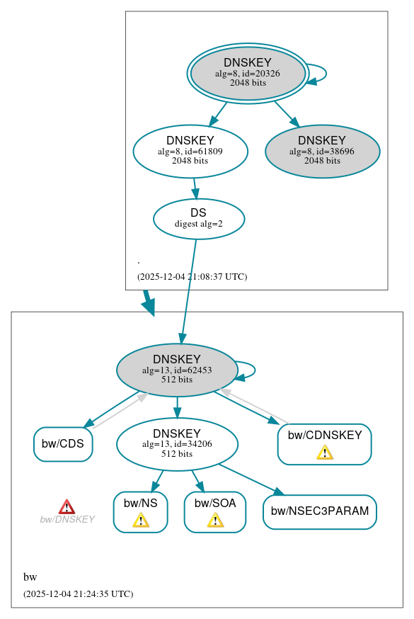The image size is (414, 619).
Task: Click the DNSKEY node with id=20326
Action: [248, 73]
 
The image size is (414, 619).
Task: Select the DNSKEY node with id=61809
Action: [190, 151]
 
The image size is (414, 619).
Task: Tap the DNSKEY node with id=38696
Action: [322, 151]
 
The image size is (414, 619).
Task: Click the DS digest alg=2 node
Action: [199, 218]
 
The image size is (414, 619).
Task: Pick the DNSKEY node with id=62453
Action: [177, 370]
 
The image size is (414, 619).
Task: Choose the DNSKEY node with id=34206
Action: [177, 444]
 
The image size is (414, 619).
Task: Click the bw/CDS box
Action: [63, 444]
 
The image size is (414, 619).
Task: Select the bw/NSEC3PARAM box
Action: [320, 511]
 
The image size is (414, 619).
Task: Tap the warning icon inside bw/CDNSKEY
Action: [325, 452]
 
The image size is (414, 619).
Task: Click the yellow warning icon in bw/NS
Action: [141, 521]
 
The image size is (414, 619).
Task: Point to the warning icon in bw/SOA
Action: [215, 521]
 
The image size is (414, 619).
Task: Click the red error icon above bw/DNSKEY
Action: [67, 506]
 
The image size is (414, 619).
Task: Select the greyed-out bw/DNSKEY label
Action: [67, 520]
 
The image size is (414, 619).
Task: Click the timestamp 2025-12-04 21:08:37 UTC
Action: [192, 277]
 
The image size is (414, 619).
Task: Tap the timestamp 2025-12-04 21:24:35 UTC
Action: [78, 594]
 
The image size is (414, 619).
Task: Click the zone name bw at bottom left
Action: [30, 577]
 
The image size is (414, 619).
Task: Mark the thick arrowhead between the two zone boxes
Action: [148, 306]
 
